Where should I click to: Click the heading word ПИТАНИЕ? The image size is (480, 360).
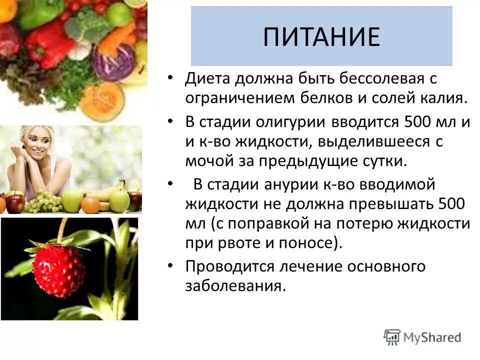click(x=321, y=36)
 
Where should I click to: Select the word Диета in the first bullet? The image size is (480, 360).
click(x=209, y=78)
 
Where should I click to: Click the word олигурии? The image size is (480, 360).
click(x=292, y=122)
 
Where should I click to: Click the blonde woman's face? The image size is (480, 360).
click(x=37, y=147)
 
